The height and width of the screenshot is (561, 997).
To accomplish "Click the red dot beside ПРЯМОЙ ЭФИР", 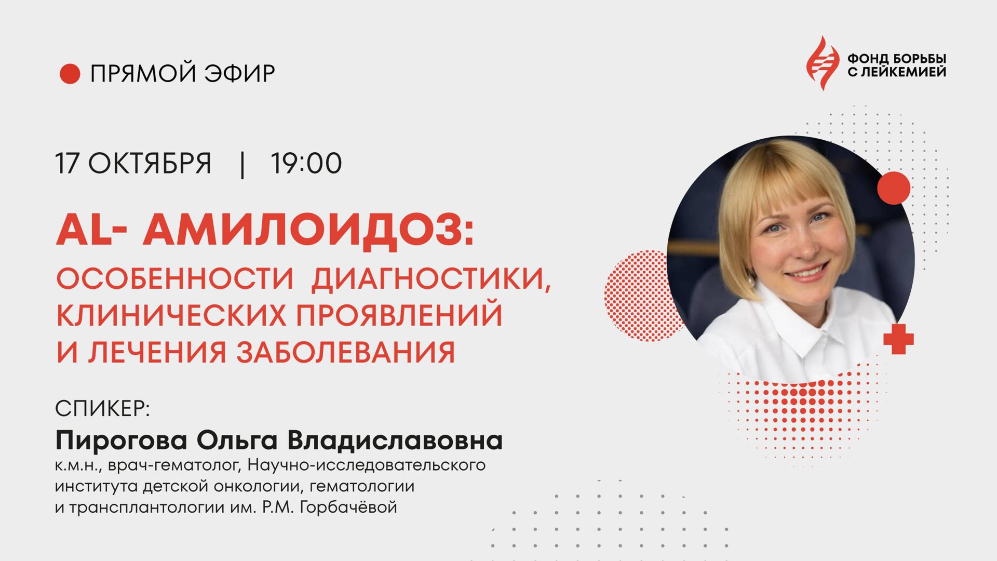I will [x=70, y=74].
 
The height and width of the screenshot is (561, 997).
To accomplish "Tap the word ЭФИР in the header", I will [x=239, y=74].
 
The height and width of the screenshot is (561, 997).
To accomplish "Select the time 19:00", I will [x=306, y=164].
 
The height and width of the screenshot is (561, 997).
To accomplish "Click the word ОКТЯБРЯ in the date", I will [x=150, y=164].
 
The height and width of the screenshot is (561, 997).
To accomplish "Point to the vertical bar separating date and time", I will [x=242, y=165].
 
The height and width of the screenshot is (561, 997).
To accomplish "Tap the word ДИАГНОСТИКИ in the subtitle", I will [x=430, y=279].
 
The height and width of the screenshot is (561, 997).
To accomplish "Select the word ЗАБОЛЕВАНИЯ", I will [x=346, y=352].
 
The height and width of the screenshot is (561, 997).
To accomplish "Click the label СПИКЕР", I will [x=102, y=409].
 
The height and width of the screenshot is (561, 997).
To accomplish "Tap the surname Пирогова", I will [x=121, y=441].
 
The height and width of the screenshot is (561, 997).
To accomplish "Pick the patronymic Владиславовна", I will [x=395, y=440].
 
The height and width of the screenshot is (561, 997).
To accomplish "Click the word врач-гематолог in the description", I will [x=172, y=465].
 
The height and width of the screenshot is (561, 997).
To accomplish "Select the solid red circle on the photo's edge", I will [x=894, y=188].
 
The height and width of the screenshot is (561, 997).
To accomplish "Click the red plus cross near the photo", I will [x=898, y=339].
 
